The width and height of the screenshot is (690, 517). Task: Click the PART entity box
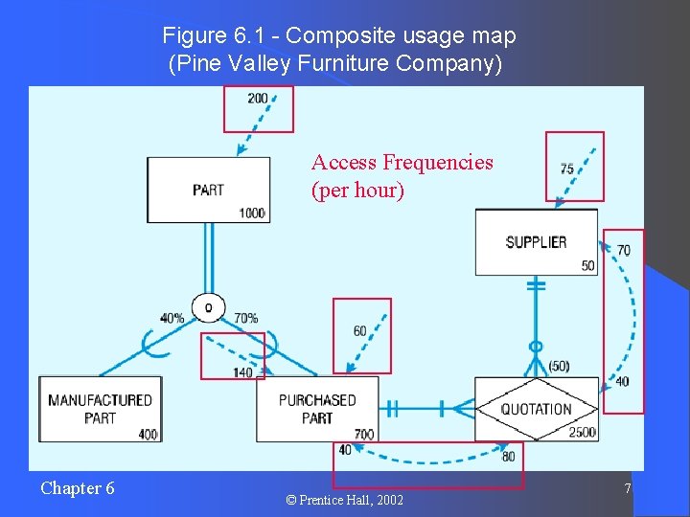coord(208,190)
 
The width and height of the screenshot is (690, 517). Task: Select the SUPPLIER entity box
coord(536,242)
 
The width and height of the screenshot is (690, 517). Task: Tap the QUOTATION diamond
coord(537,409)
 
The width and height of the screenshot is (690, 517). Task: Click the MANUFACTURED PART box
coord(100,409)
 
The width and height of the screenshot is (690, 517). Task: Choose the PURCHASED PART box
coord(317,409)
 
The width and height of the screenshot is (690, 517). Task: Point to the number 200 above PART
coord(258,99)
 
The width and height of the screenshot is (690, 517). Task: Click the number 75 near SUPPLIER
coord(567,169)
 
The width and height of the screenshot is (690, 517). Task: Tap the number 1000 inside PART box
coord(253,214)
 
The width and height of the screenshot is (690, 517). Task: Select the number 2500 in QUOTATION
coord(581,433)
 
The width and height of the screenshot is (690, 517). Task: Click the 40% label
coord(172,318)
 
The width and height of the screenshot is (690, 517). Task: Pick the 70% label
coord(245,318)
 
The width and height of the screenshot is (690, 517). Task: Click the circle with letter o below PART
coord(208,307)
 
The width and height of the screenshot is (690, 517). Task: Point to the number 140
coord(242,371)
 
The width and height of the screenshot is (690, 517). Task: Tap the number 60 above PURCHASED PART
coord(359,331)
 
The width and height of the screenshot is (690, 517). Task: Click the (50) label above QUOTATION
coord(560,366)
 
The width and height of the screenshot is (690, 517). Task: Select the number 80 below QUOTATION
coord(508,457)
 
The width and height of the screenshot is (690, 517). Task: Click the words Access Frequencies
coord(402,163)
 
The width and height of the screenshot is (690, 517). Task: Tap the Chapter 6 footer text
coord(78,488)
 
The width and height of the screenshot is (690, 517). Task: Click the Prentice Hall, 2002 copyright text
coord(344,501)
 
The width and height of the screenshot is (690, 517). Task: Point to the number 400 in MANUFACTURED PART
coord(147,435)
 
